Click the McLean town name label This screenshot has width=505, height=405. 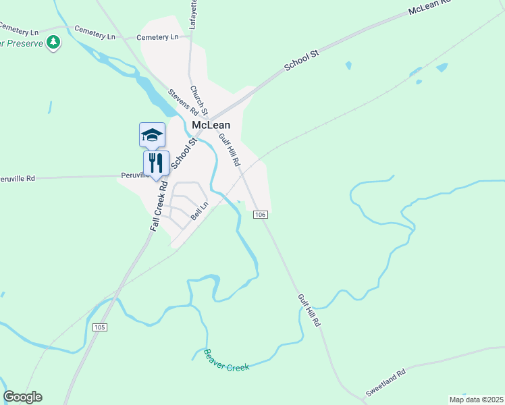(211, 126)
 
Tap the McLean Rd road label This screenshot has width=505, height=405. (429, 7)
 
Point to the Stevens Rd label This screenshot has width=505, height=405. (183, 102)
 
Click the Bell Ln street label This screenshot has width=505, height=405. (200, 211)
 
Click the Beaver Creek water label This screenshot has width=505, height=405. (227, 359)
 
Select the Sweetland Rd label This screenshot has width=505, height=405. (386, 382)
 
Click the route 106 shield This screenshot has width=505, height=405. (261, 215)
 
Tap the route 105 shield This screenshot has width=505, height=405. (100, 327)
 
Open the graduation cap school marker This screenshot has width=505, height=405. (152, 135)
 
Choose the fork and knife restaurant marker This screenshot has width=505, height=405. (156, 162)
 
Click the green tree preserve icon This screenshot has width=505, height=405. (53, 43)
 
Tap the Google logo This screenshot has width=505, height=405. (22, 397)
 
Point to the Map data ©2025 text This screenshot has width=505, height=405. (476, 400)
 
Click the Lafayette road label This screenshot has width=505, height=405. (194, 11)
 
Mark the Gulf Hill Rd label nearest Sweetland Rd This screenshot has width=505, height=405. (308, 310)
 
